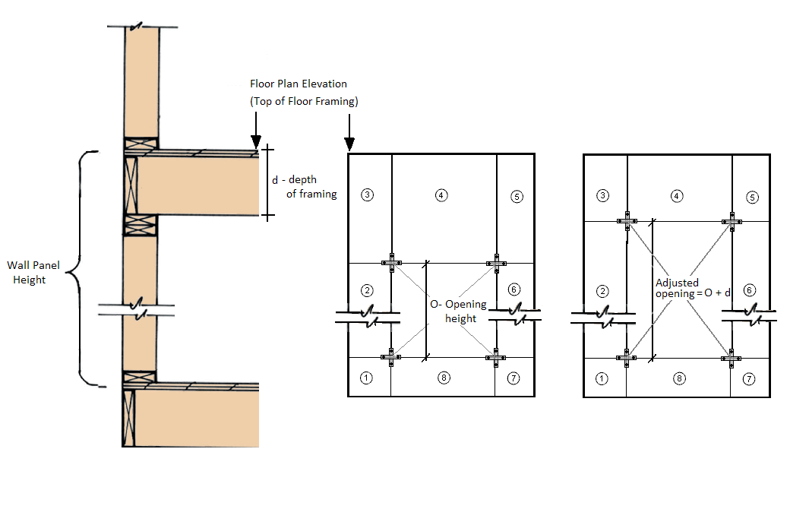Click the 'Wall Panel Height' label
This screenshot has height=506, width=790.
(33, 273)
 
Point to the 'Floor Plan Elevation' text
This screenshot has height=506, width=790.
(299, 84)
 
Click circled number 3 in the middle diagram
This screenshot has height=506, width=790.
(367, 194)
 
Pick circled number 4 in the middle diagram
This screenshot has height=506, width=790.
(442, 194)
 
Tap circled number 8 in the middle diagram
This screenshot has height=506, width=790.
(445, 378)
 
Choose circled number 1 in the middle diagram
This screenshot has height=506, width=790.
(367, 378)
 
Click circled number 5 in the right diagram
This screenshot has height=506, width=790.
(752, 197)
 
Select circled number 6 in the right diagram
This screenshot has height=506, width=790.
(750, 289)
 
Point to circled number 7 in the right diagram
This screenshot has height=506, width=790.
(750, 378)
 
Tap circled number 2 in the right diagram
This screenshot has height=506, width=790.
(603, 290)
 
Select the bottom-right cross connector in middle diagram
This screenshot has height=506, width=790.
(496, 356)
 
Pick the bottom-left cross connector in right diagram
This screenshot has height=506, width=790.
(627, 356)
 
